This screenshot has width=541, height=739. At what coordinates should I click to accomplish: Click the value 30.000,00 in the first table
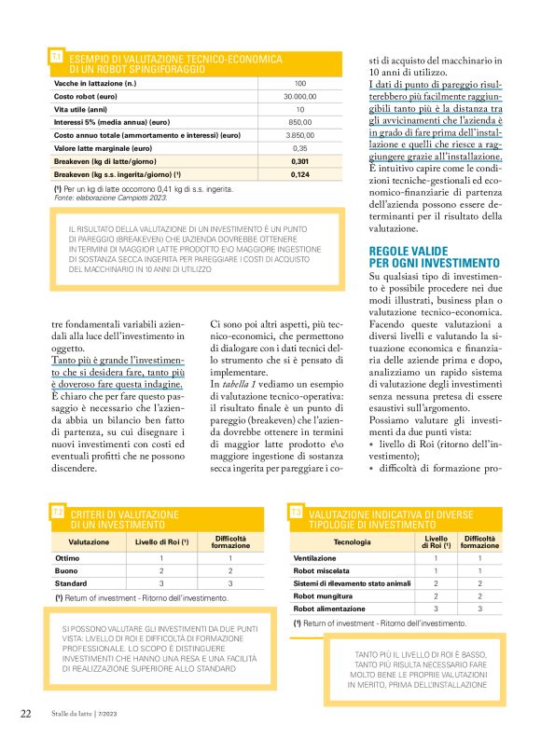tap(299, 96)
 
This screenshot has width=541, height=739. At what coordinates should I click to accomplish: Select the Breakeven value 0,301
tap(299, 160)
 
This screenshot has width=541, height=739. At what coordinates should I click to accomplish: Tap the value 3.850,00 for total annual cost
tap(299, 135)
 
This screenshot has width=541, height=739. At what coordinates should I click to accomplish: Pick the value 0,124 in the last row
tap(299, 173)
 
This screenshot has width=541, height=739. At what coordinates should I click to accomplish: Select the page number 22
tap(26, 713)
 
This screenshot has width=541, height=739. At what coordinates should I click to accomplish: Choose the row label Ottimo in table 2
tap(68, 557)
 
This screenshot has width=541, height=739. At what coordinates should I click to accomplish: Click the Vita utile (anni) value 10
tap(299, 109)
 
